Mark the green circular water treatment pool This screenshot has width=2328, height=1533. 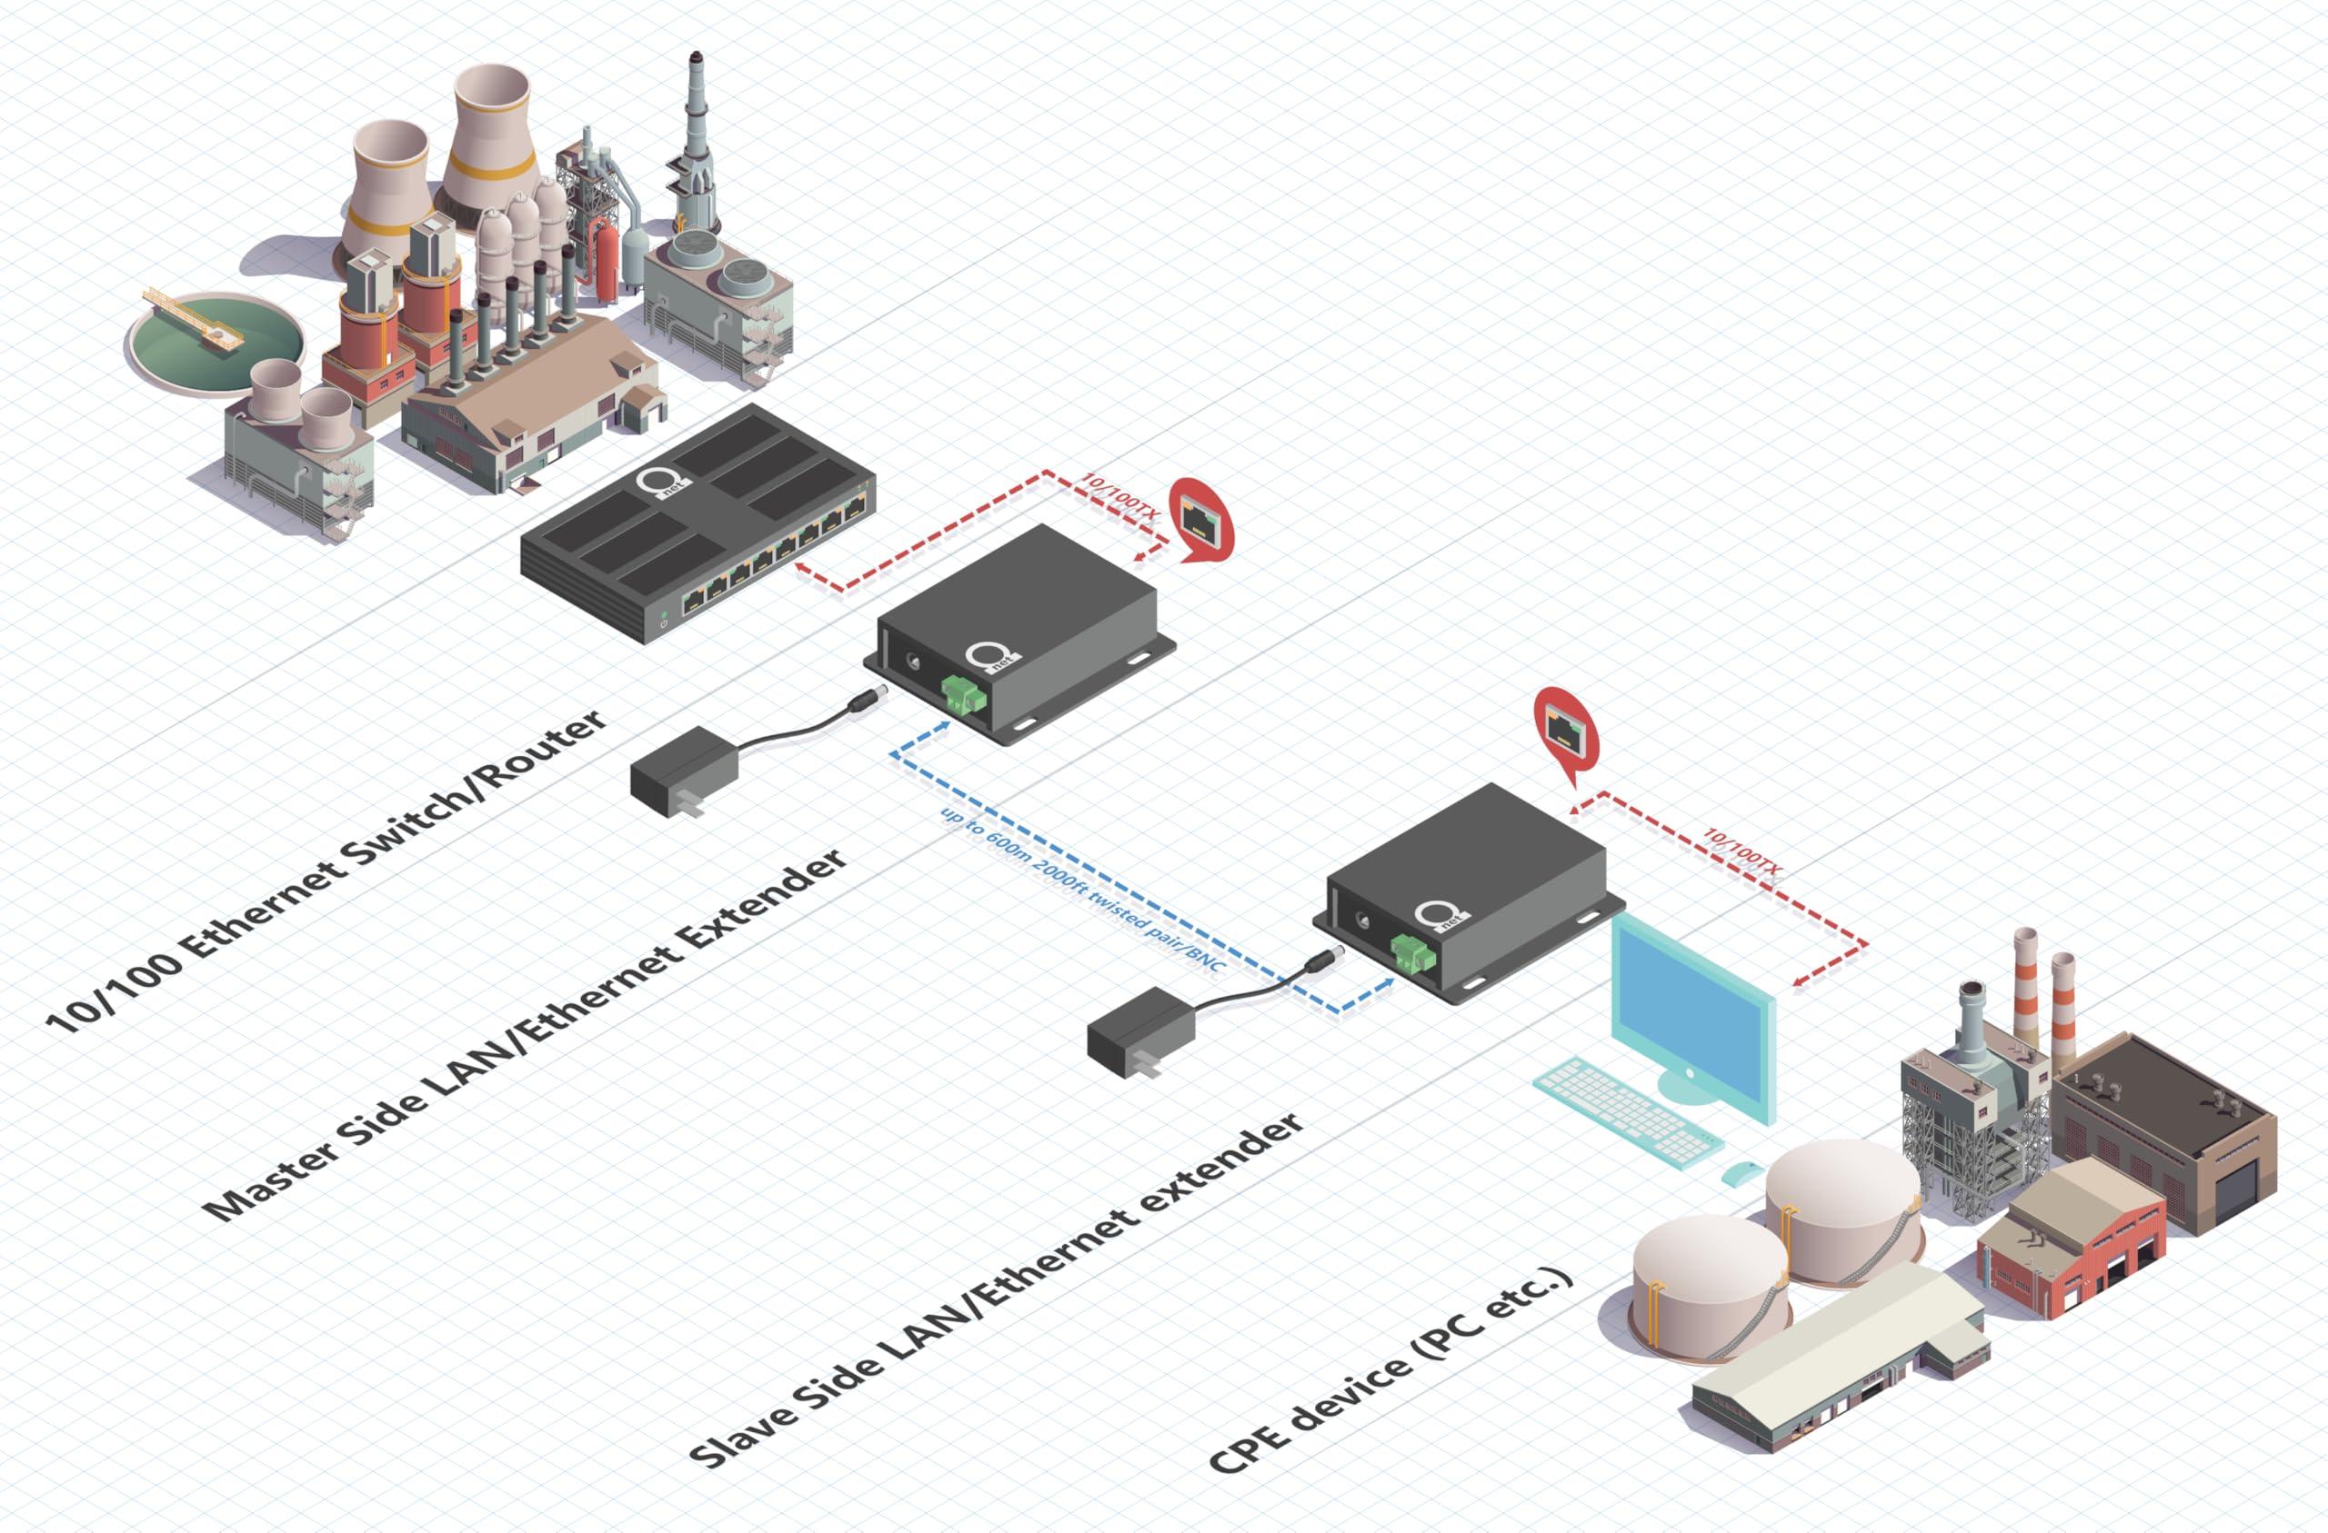click(x=215, y=338)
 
